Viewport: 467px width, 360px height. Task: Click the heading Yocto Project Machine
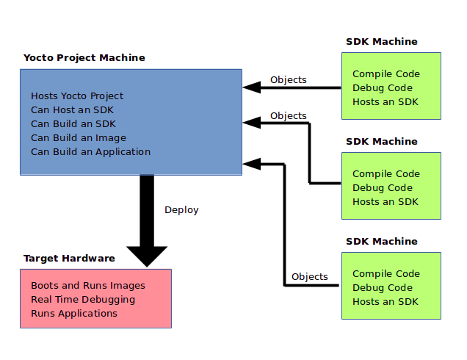84,58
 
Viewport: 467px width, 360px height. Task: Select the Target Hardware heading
69,259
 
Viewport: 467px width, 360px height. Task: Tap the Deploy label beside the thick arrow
181,210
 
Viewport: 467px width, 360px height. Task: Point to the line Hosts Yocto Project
77,96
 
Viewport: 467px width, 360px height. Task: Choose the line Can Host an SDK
73,110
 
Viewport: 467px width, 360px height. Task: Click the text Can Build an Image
79,138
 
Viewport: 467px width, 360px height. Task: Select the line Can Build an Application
90,152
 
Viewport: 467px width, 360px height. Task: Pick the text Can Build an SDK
73,124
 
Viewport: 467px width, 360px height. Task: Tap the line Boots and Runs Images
88,286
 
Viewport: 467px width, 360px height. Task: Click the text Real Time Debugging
83,300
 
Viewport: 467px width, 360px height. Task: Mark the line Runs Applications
74,314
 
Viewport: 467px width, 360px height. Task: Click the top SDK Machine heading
381,42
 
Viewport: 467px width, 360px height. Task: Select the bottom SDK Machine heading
381,242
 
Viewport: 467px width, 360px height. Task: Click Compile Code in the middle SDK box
386,174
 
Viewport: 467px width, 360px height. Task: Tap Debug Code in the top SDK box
383,88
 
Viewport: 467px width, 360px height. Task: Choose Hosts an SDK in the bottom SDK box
385,302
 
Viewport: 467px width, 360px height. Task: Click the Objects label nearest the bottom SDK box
310,277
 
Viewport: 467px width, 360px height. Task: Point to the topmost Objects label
289,80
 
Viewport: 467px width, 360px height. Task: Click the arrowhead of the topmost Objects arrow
252,87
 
